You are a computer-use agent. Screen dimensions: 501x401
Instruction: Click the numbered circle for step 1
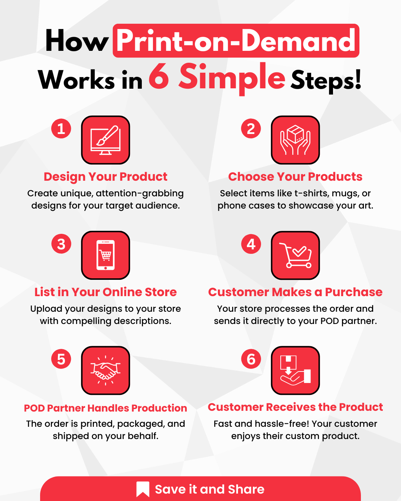pyautogui.click(x=61, y=129)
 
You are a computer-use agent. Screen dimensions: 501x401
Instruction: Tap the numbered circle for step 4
pyautogui.click(x=251, y=244)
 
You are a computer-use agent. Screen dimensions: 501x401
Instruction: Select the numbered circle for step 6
pyautogui.click(x=251, y=359)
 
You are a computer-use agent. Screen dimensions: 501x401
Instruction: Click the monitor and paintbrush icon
pyautogui.click(x=105, y=140)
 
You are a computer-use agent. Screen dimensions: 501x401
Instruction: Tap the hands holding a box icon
pyautogui.click(x=295, y=140)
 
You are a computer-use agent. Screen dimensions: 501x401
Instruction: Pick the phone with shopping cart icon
pyautogui.click(x=105, y=255)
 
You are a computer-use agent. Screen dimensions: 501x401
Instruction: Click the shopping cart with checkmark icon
pyautogui.click(x=295, y=255)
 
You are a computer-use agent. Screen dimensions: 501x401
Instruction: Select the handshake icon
pyautogui.click(x=105, y=370)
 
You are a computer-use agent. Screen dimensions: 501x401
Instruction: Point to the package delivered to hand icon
pyautogui.click(x=295, y=370)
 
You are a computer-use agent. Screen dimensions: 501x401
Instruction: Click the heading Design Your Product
pyautogui.click(x=105, y=177)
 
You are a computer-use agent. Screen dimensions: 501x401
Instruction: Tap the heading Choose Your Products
pyautogui.click(x=295, y=177)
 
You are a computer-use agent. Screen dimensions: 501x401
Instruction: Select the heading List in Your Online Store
pyautogui.click(x=105, y=292)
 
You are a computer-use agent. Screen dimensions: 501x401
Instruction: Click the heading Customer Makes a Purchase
pyautogui.click(x=295, y=292)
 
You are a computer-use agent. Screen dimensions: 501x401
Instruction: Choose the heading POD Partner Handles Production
pyautogui.click(x=105, y=408)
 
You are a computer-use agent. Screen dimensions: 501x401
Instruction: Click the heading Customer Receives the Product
pyautogui.click(x=295, y=407)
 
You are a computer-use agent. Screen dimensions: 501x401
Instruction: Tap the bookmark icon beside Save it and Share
pyautogui.click(x=143, y=489)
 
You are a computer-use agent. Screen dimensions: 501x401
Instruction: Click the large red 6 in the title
pyautogui.click(x=159, y=77)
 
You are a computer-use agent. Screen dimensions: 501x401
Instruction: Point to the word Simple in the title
pyautogui.click(x=232, y=78)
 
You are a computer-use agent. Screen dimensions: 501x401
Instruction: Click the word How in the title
pyautogui.click(x=76, y=41)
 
